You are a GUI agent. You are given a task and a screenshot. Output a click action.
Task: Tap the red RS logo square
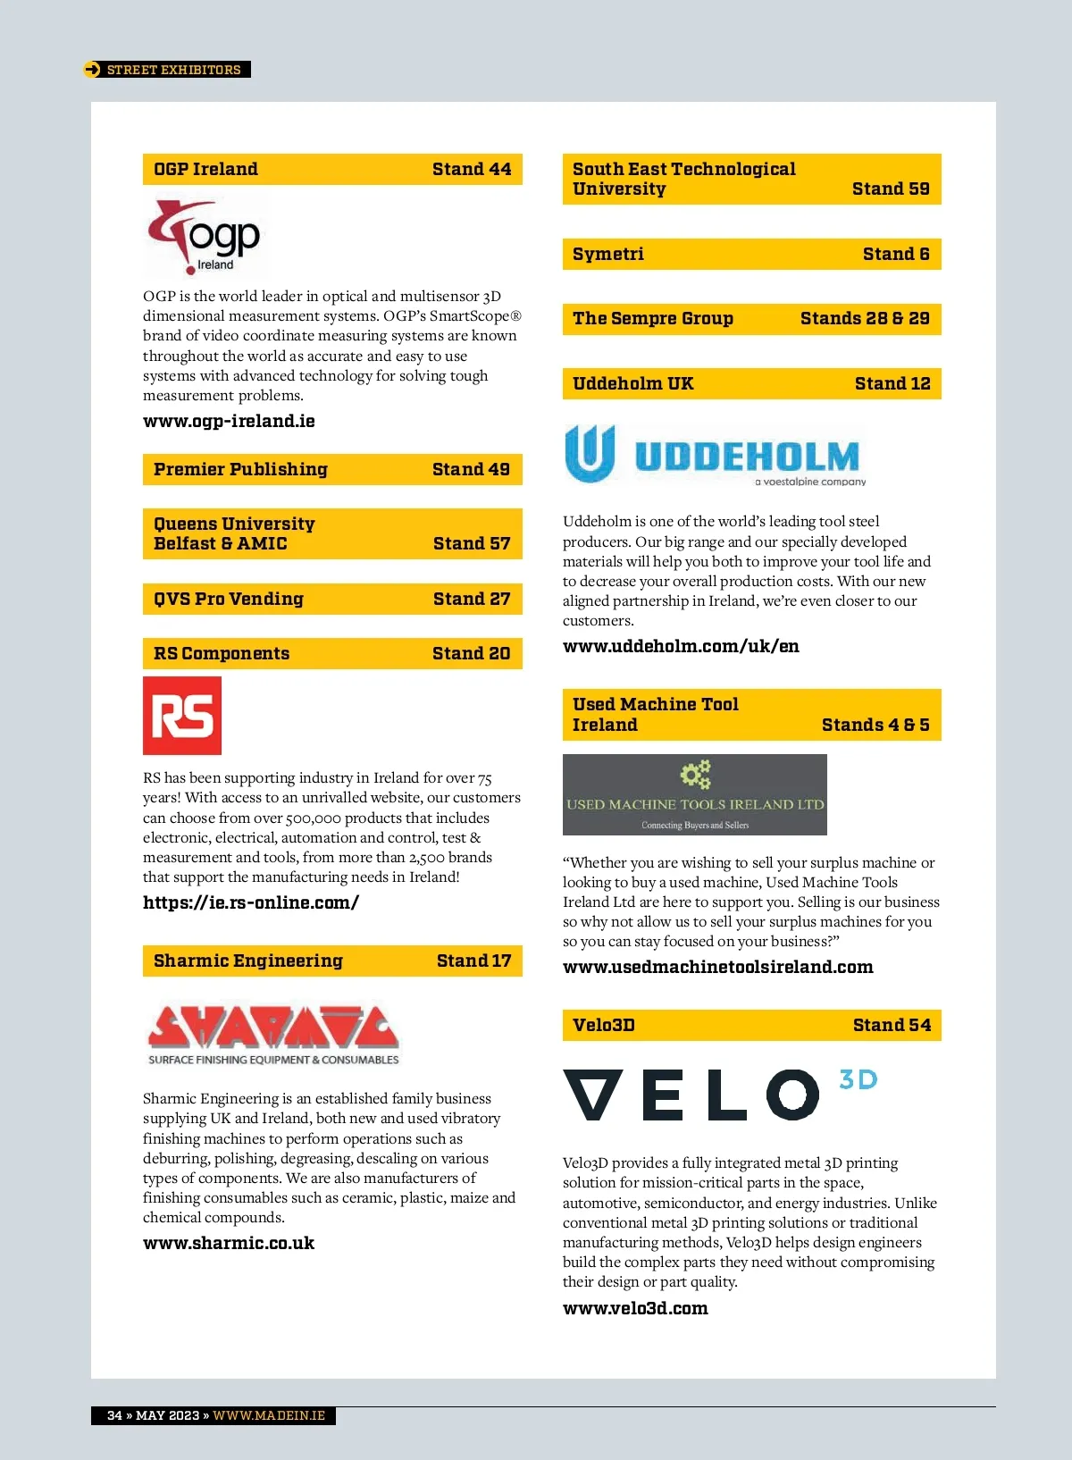[182, 716]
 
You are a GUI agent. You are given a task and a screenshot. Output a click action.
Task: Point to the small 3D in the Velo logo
[858, 1079]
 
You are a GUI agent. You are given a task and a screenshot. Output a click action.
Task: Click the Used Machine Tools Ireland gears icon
[695, 774]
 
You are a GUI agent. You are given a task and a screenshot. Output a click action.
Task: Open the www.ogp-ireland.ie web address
[229, 421]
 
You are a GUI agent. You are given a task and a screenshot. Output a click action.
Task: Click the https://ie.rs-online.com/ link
[251, 902]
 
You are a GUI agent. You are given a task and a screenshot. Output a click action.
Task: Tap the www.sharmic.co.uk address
[229, 1243]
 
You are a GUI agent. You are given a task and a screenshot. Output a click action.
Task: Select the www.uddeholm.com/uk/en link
[681, 646]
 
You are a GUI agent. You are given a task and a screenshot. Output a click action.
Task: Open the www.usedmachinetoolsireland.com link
[718, 967]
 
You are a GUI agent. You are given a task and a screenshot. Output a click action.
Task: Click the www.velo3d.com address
[635, 1308]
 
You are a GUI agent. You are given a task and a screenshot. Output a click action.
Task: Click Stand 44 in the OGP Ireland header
[472, 169]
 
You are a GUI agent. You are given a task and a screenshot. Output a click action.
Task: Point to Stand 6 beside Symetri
[896, 254]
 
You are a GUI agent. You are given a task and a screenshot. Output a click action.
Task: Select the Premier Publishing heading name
[240, 469]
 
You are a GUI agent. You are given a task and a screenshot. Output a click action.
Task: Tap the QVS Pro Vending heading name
[229, 599]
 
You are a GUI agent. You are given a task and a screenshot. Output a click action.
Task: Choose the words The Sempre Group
[653, 318]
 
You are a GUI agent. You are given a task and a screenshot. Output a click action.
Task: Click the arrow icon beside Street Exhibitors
[92, 70]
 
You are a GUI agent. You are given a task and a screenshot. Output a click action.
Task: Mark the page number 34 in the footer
[114, 1415]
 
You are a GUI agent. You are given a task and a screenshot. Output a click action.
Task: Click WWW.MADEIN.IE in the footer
[269, 1415]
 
